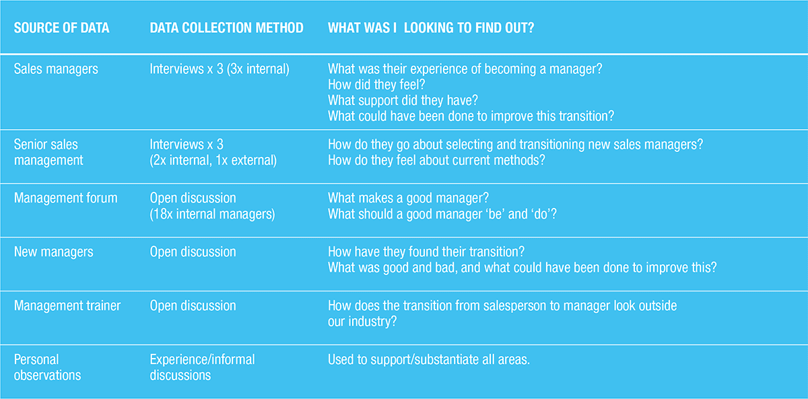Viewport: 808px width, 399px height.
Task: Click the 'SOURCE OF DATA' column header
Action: pyautogui.click(x=61, y=28)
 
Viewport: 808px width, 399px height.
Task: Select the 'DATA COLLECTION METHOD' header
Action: pyautogui.click(x=226, y=28)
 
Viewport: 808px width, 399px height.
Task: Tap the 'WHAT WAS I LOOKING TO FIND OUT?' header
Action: pyautogui.click(x=431, y=28)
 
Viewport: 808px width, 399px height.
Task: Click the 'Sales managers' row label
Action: pyautogui.click(x=56, y=69)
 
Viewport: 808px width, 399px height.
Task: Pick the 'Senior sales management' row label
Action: pyautogui.click(x=48, y=152)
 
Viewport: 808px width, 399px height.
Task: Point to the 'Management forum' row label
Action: pyautogui.click(x=66, y=198)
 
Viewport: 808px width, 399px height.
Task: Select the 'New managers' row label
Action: pyautogui.click(x=53, y=252)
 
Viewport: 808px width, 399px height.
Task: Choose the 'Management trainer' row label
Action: pyautogui.click(x=67, y=305)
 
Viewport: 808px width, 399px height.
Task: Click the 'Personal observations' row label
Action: pyautogui.click(x=47, y=367)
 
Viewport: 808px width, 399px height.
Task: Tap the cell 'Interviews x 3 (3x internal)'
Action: pyautogui.click(x=220, y=69)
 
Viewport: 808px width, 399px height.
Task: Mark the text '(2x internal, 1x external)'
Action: pyautogui.click(x=213, y=160)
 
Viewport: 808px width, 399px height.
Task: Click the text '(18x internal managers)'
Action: pyautogui.click(x=212, y=214)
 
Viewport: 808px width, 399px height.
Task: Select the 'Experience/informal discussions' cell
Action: pyautogui.click(x=202, y=367)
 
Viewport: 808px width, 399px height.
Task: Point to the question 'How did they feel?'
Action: pyautogui.click(x=376, y=85)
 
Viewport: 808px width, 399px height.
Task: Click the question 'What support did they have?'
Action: pyautogui.click(x=403, y=100)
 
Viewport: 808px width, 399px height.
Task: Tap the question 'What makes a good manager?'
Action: pyautogui.click(x=408, y=198)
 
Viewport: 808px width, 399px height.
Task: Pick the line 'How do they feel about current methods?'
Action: pyautogui.click(x=436, y=160)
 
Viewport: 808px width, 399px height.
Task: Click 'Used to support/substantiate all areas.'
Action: pyautogui.click(x=428, y=360)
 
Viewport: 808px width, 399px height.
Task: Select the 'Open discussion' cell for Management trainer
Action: pyautogui.click(x=193, y=305)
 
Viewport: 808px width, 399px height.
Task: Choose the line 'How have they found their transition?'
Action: pyautogui.click(x=426, y=252)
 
